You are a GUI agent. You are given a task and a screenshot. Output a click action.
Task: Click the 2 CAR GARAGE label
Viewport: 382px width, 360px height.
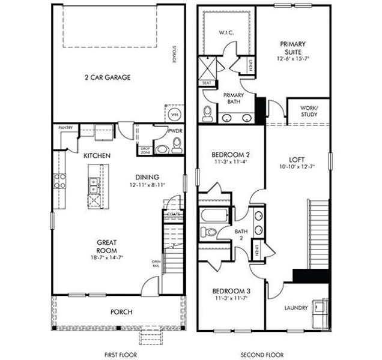click(107, 77)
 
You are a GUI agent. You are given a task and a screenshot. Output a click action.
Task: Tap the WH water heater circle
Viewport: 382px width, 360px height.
click(174, 114)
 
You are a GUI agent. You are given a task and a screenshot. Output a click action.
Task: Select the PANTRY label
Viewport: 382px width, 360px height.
click(65, 128)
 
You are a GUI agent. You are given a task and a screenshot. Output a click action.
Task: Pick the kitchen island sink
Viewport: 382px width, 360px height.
click(92, 188)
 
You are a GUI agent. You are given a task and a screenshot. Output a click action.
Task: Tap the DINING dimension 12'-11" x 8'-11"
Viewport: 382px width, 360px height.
click(147, 185)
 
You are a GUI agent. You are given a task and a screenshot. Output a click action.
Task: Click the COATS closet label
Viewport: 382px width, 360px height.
click(173, 214)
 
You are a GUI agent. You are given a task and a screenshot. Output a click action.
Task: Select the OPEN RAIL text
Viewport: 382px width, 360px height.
click(156, 265)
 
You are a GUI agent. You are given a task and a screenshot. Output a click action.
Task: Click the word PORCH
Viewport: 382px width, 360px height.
click(121, 312)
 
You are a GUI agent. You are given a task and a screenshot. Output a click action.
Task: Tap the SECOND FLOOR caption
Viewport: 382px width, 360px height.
click(262, 355)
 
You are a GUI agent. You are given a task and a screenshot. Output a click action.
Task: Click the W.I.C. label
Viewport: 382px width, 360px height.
click(226, 32)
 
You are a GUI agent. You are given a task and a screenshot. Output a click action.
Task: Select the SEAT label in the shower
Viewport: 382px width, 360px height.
click(207, 83)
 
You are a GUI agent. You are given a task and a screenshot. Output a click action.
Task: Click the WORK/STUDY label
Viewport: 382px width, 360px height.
click(309, 111)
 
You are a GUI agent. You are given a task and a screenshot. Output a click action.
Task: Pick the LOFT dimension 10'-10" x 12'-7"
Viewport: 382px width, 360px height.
click(298, 166)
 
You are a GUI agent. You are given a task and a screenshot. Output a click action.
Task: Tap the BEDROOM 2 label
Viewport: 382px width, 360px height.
click(232, 154)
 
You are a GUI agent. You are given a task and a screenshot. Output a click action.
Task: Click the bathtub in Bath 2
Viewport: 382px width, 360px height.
click(214, 215)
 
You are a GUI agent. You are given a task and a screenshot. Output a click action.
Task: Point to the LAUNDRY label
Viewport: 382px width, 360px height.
click(296, 308)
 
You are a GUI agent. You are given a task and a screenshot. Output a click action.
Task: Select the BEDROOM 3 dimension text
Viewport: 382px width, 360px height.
click(231, 298)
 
